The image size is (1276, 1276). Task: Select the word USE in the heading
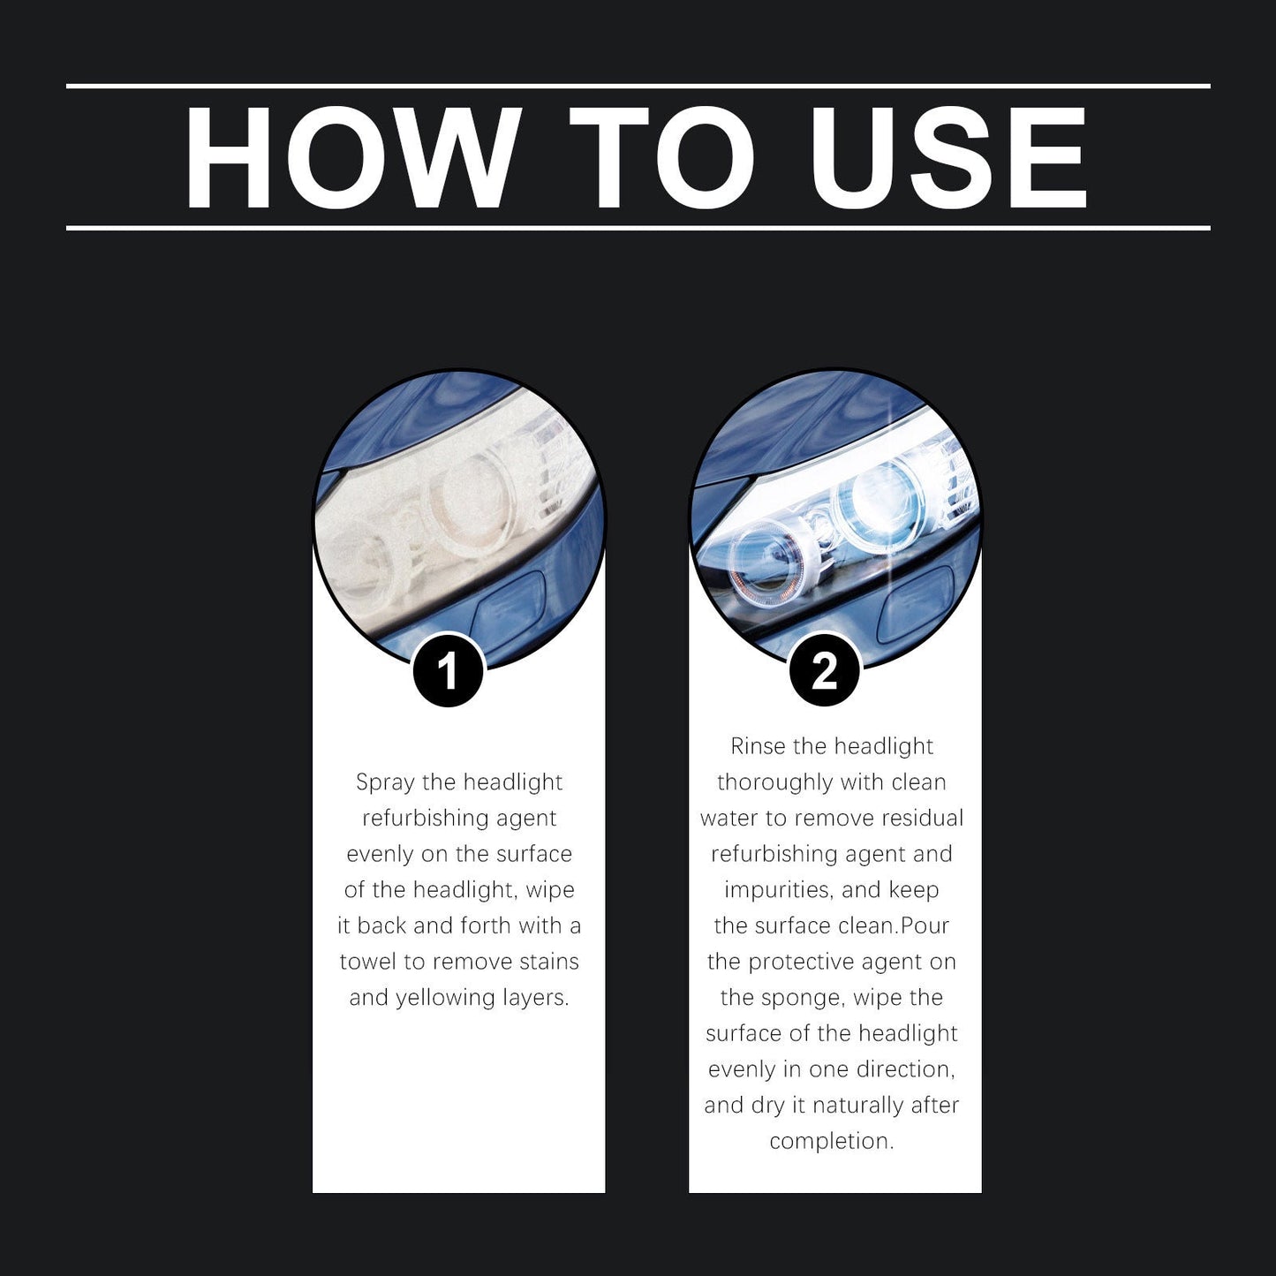[950, 159]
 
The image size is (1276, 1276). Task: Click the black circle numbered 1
[449, 672]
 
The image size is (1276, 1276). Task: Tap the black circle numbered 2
[824, 672]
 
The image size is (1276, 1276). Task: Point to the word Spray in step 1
[385, 783]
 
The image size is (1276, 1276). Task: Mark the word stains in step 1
[548, 962]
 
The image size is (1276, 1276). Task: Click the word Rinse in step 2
[758, 747]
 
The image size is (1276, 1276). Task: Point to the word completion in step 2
[831, 1141]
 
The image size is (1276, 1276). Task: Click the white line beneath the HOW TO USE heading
[638, 228]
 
